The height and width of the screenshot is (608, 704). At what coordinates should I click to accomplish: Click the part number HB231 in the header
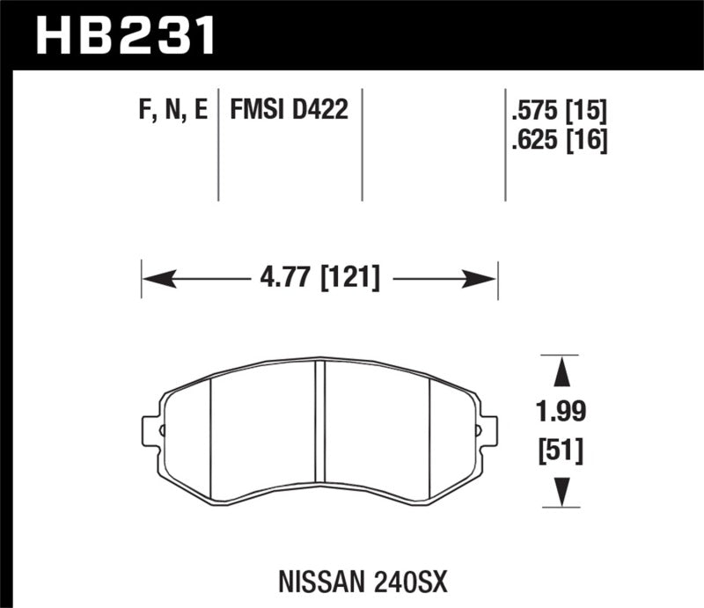tap(123, 35)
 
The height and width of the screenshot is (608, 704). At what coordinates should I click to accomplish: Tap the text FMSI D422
tap(290, 111)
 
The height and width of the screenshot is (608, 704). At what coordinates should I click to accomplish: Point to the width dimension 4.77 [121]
tap(320, 280)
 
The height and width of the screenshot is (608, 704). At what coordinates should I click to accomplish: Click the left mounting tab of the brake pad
tap(151, 430)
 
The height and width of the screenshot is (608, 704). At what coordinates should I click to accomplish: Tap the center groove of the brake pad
tap(320, 431)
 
